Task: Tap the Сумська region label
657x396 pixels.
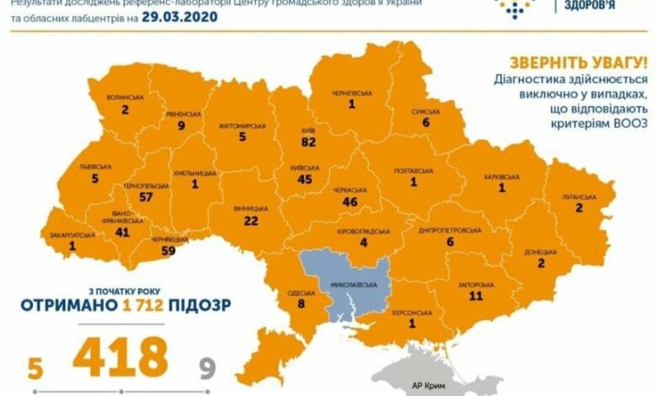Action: point(426,110)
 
